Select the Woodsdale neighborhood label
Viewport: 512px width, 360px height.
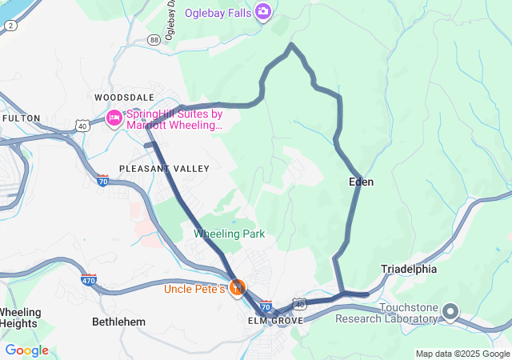[x=124, y=97]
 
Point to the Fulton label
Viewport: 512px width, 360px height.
[x=22, y=118]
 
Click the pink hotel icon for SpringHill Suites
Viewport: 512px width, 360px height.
[x=114, y=118]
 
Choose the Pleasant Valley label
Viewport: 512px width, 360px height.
[x=164, y=169]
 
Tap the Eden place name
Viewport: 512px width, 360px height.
[x=362, y=182]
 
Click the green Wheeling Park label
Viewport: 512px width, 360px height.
[x=229, y=234]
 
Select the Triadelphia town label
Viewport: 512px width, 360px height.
[x=409, y=270]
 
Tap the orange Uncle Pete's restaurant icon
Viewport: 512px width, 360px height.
[x=237, y=287]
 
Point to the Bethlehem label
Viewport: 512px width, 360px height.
[x=119, y=322]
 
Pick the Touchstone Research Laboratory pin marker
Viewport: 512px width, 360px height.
[x=450, y=311]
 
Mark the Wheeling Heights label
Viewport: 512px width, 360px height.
[x=18, y=318]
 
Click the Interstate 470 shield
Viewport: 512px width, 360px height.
[x=89, y=280]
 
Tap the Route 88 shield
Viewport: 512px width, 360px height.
[x=154, y=38]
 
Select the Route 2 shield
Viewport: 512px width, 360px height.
[x=10, y=26]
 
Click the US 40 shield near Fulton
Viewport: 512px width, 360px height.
[x=82, y=126]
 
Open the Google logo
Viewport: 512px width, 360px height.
[x=26, y=350]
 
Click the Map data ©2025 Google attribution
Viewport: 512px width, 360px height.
[x=462, y=354]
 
